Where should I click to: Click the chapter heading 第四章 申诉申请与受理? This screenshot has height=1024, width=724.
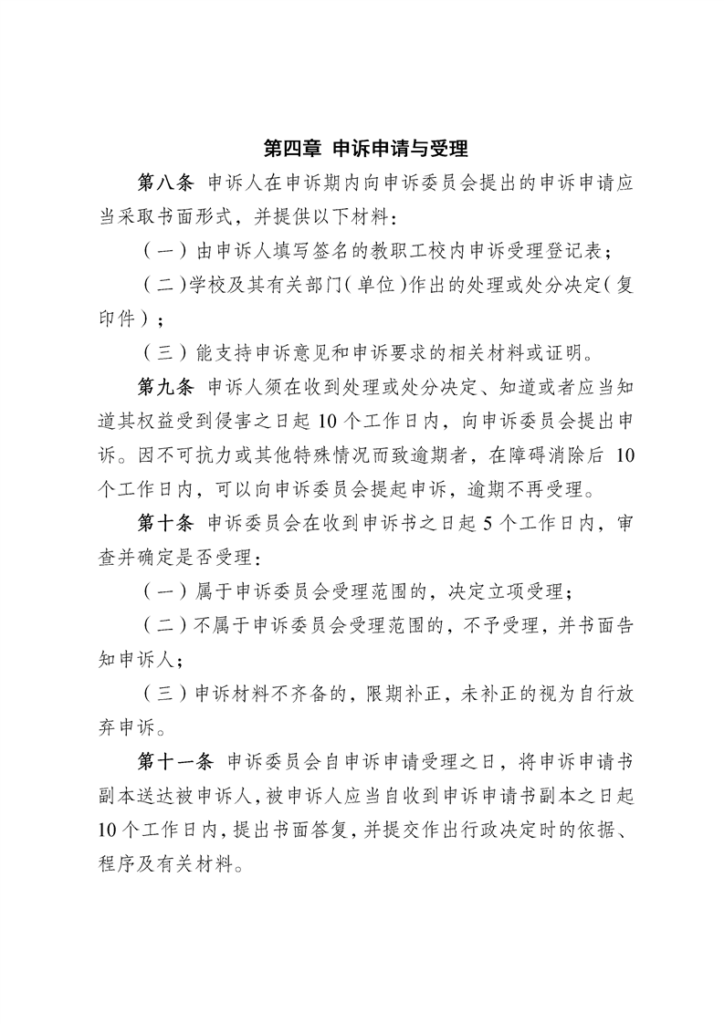pyautogui.click(x=365, y=148)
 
